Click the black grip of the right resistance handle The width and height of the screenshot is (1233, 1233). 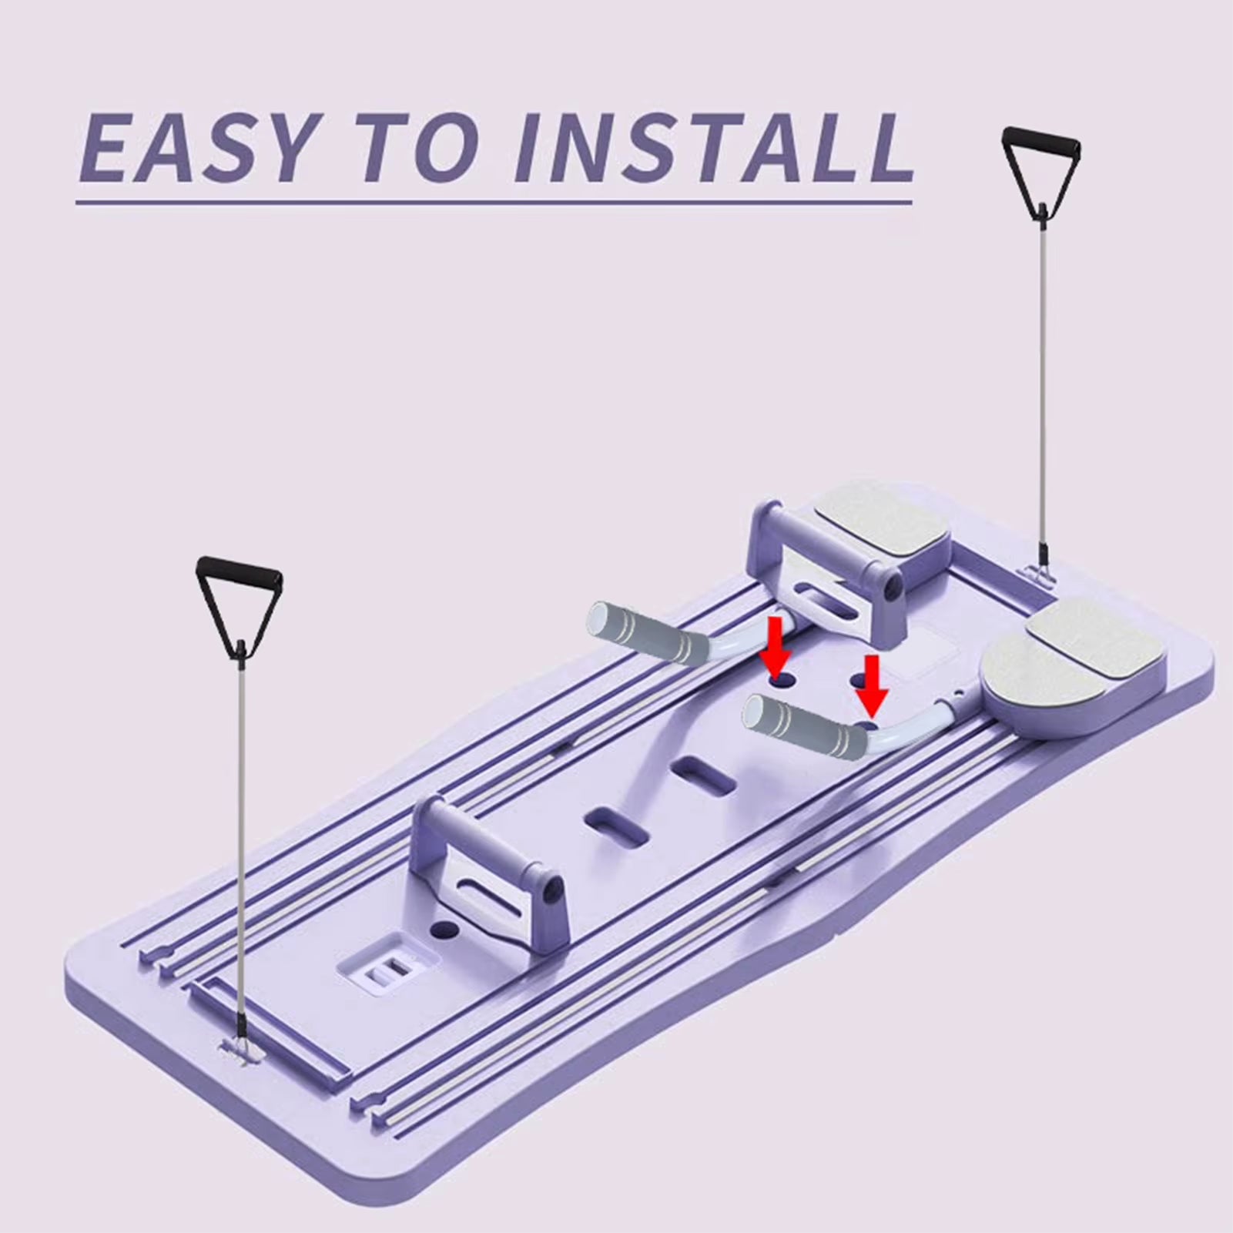[x=1041, y=141]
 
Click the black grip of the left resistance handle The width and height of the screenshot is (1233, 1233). [x=239, y=571]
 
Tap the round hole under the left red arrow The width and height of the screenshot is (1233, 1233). [x=780, y=682]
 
